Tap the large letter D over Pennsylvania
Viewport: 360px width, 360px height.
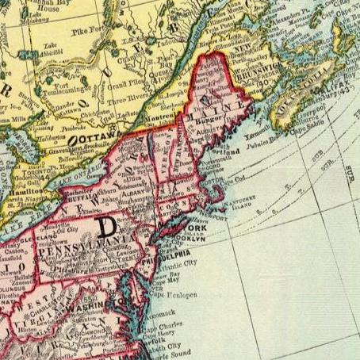click(x=105, y=228)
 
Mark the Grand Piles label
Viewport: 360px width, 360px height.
click(x=126, y=82)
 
